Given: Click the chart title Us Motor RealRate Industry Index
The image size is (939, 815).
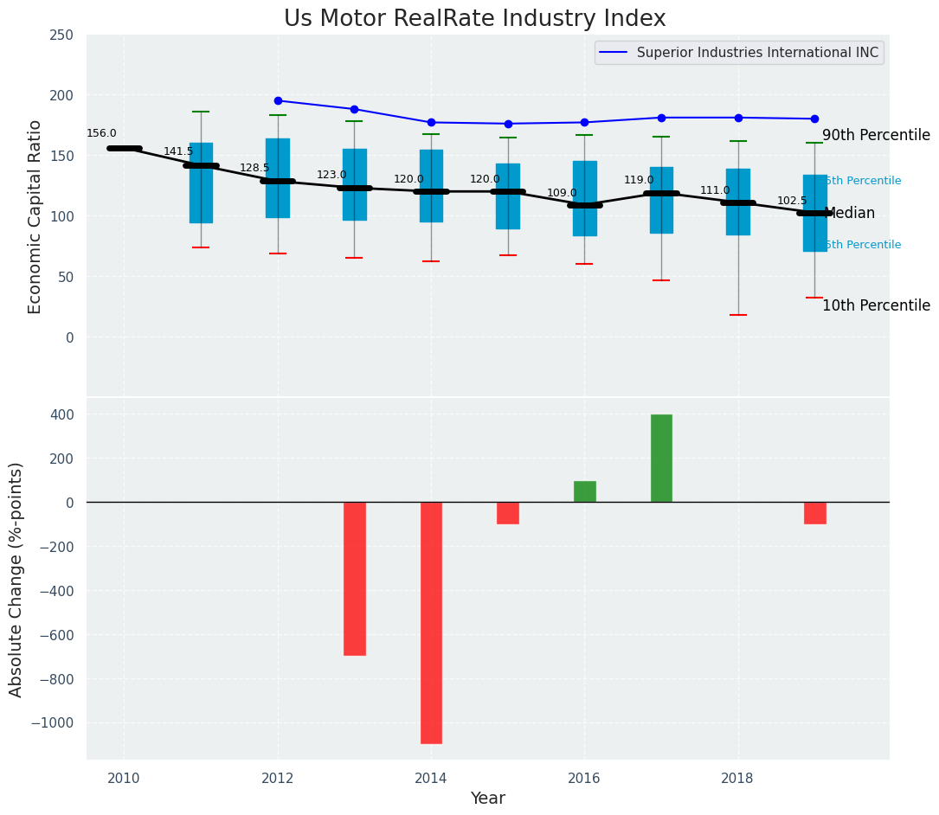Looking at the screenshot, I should pyautogui.click(x=474, y=19).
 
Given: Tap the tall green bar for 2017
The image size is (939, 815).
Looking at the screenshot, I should pyautogui.click(x=661, y=459).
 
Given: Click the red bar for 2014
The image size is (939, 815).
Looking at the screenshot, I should pyautogui.click(x=431, y=622).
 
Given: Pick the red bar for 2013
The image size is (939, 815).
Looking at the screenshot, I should pyautogui.click(x=355, y=578).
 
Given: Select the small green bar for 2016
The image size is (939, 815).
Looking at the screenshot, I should pyautogui.click(x=584, y=491).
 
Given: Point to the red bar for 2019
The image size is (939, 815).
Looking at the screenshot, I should pyautogui.click(x=814, y=513).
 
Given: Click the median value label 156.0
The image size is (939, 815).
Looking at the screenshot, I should pyautogui.click(x=101, y=133).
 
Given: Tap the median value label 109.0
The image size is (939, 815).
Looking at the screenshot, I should pyautogui.click(x=562, y=193).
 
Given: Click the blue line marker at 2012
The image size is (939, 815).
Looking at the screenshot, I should pyautogui.click(x=278, y=100).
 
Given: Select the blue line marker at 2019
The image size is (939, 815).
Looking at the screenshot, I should pyautogui.click(x=814, y=119).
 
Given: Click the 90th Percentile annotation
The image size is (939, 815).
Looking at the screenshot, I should pyautogui.click(x=876, y=136).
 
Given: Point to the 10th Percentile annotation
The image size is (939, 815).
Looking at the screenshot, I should pyautogui.click(x=876, y=306).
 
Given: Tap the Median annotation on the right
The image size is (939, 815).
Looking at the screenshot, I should pyautogui.click(x=850, y=214).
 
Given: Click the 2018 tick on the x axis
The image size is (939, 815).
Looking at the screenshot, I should pyautogui.click(x=737, y=778).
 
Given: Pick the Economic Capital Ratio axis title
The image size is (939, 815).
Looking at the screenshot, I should pyautogui.click(x=35, y=216).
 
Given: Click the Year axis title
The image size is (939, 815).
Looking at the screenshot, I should pyautogui.click(x=487, y=799).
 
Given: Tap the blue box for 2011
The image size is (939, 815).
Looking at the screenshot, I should pyautogui.click(x=201, y=183).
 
